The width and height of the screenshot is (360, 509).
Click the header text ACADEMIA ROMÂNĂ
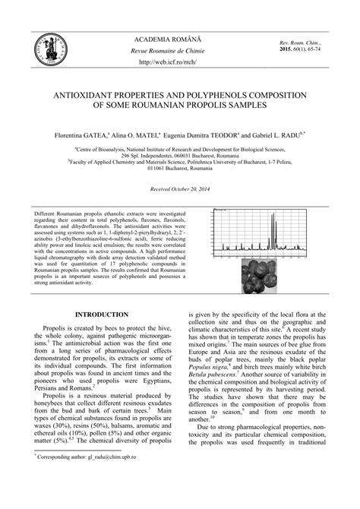coord(179,37)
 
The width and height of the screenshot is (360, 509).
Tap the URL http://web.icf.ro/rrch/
coord(179,62)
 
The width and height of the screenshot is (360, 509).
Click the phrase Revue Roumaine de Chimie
coord(179,50)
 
